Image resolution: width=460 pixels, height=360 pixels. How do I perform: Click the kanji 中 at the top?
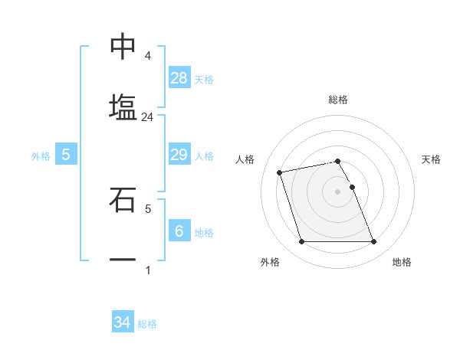(123, 47)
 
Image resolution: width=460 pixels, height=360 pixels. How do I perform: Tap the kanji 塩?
(123, 106)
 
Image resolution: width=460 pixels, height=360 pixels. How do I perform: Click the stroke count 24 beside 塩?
(148, 117)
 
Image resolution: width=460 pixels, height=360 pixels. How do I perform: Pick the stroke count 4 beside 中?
(148, 56)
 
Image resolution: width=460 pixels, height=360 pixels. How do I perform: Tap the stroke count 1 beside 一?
(148, 270)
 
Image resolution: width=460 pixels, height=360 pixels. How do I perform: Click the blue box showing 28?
(179, 77)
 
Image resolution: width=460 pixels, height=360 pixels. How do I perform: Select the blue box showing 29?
(179, 155)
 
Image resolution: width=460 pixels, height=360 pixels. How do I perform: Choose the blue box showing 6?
(179, 231)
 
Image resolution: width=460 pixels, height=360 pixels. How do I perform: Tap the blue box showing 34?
(123, 322)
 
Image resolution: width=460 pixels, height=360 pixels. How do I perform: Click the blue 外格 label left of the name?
(41, 155)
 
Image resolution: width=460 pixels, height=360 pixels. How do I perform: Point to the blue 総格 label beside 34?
(147, 324)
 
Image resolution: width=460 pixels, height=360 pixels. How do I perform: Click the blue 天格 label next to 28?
(204, 79)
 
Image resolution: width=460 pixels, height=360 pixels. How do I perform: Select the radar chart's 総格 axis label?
(338, 100)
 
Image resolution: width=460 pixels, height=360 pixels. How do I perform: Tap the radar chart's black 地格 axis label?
(402, 262)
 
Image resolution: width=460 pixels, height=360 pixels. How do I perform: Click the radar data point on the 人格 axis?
(280, 172)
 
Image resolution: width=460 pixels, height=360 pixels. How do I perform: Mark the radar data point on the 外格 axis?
(301, 242)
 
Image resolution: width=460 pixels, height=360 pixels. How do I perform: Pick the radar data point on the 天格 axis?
(352, 187)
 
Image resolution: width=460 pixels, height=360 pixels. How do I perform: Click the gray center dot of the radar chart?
(338, 191)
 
